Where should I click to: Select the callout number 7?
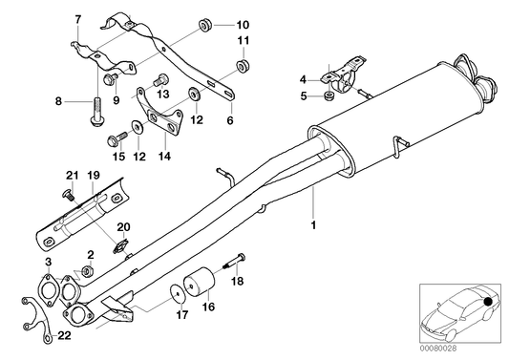point(77,20)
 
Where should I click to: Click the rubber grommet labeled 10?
point(204,22)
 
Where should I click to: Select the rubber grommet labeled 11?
point(243,64)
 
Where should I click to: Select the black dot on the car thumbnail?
point(488,304)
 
